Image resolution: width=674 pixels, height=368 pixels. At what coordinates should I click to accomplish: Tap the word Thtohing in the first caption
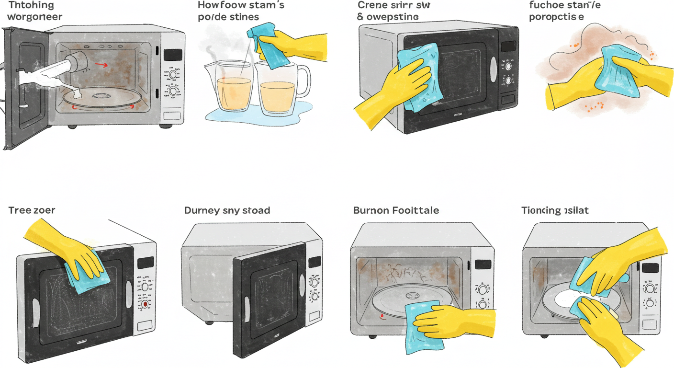(31, 6)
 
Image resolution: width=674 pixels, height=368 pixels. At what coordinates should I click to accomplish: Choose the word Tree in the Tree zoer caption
(20, 210)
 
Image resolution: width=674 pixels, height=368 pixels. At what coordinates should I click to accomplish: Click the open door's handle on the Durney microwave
(247, 307)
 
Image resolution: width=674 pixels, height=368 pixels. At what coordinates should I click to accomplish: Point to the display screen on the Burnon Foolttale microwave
(483, 264)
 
